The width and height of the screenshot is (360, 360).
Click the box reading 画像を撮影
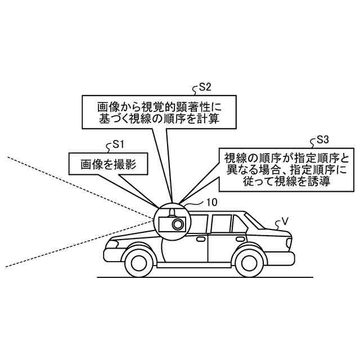click(x=106, y=164)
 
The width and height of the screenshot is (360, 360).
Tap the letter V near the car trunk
click(x=285, y=221)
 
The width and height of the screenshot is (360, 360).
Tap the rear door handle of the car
click(x=240, y=237)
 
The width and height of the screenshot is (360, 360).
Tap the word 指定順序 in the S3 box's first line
click(x=319, y=156)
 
